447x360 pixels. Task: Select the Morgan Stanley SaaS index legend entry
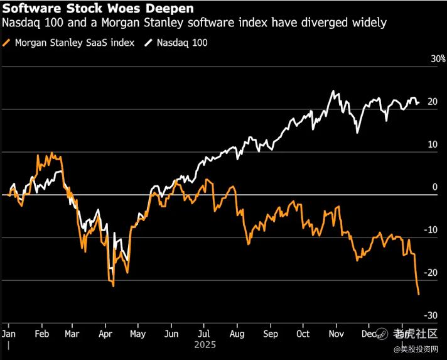coord(73,43)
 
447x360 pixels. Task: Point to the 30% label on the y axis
coord(438,59)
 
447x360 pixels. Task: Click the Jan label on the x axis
coord(9,333)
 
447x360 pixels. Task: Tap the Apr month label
coord(105,333)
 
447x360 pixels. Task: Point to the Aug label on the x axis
coord(238,333)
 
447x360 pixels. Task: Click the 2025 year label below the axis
coord(205,345)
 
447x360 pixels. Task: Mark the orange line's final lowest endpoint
coord(419,294)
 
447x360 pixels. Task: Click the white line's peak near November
coord(333,91)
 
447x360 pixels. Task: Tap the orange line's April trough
coord(113,286)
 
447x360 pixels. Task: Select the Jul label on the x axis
coord(204,333)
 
